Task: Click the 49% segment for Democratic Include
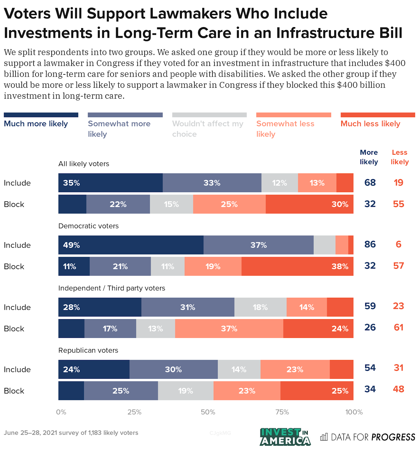pyautogui.click(x=131, y=245)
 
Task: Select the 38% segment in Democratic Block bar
pyautogui.click(x=297, y=266)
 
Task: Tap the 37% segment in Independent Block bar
pyautogui.click(x=229, y=329)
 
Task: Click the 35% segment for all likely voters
pyautogui.click(x=110, y=183)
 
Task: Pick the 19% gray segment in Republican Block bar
pyautogui.click(x=185, y=391)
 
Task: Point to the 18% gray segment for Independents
pyautogui.click(x=260, y=307)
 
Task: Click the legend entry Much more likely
pyautogui.click(x=36, y=123)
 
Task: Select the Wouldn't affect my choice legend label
pyautogui.click(x=207, y=129)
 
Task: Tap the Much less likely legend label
pyautogui.click(x=370, y=123)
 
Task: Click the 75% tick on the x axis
pyautogui.click(x=282, y=412)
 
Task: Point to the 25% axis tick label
pyautogui.click(x=134, y=412)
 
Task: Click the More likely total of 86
pyautogui.click(x=370, y=244)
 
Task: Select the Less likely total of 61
pyautogui.click(x=398, y=327)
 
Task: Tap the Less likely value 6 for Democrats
pyautogui.click(x=398, y=244)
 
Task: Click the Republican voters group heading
pyautogui.click(x=88, y=350)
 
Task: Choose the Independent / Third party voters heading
pyautogui.click(x=112, y=288)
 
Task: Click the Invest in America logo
pyautogui.click(x=285, y=437)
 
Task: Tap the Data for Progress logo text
pyautogui.click(x=368, y=437)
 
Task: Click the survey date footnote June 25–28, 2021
pyautogui.click(x=71, y=433)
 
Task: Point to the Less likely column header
pyautogui.click(x=399, y=157)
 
